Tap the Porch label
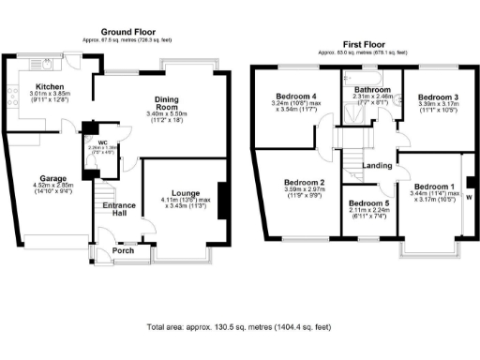tap(123, 250)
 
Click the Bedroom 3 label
tap(437, 97)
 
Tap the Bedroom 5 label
tap(367, 202)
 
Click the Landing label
tap(377, 166)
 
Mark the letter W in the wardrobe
tap(470, 198)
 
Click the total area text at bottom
tap(240, 327)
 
